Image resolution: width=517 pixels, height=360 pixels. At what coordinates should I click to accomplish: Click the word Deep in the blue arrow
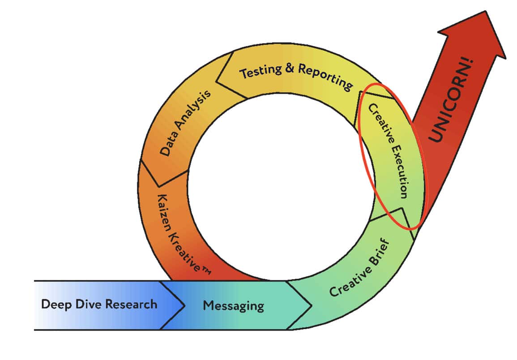(x=54, y=304)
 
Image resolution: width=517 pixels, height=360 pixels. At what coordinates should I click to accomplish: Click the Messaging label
(x=233, y=306)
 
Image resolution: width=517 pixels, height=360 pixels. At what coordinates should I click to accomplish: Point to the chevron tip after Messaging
(x=312, y=305)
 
